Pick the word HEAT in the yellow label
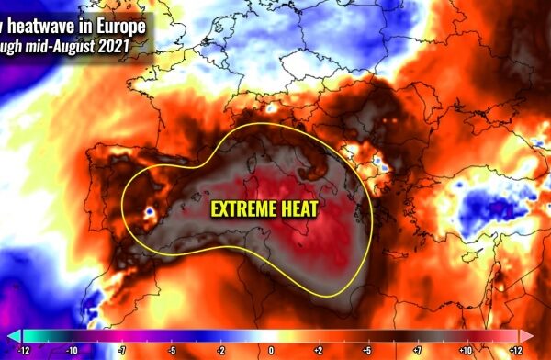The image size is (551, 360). click(299, 209)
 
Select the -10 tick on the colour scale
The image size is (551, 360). click(70, 350)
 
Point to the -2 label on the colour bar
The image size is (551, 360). click(220, 350)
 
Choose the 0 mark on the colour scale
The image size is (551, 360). click(271, 350)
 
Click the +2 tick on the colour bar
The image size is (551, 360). click(317, 350)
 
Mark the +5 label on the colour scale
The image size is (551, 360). click(367, 350)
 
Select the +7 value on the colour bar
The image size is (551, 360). click(418, 350)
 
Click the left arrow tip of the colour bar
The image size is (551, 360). click(12, 336)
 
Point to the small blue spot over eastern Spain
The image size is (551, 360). click(148, 215)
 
